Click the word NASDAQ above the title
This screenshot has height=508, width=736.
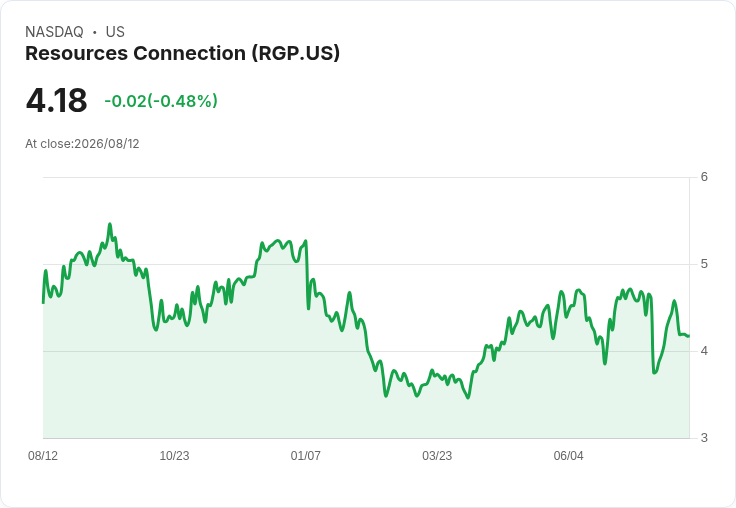coord(54,32)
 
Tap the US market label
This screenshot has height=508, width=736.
coord(115,32)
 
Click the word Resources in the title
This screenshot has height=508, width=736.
coord(77,53)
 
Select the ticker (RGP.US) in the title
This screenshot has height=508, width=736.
coord(296,54)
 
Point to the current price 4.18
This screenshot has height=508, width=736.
coord(56,100)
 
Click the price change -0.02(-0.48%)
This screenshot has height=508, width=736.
coord(161,101)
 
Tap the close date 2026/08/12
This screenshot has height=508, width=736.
coord(107,144)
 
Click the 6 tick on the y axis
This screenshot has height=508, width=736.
coord(704,177)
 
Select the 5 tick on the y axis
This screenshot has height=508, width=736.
coord(704,264)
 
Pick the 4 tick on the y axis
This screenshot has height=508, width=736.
coord(704,351)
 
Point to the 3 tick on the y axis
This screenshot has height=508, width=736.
coord(704,438)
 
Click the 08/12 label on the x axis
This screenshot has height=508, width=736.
coord(43,455)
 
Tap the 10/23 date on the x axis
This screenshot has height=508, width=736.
coord(174,455)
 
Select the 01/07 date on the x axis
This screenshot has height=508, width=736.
coord(306,455)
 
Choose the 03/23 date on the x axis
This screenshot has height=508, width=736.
coord(437,455)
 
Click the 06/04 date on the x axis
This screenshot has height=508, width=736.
coord(568,455)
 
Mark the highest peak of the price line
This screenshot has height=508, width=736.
coord(110,224)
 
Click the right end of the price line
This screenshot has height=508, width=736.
coord(689,336)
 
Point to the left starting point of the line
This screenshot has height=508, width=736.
coord(43,303)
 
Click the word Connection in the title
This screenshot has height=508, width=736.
coord(190,53)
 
